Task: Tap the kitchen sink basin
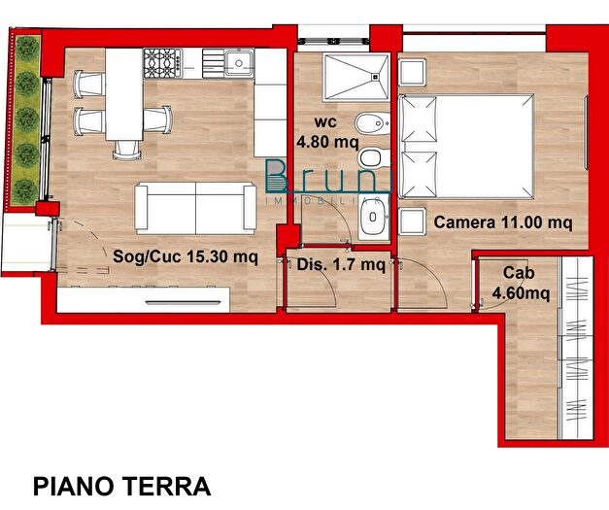[x=237, y=64]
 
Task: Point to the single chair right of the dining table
[x=158, y=120]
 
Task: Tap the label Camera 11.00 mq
[x=502, y=222]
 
